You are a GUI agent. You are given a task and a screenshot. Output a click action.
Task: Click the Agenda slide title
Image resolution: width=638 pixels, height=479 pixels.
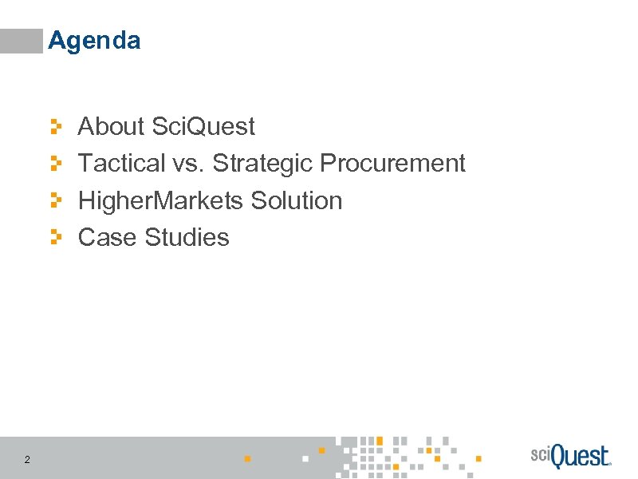click(x=94, y=41)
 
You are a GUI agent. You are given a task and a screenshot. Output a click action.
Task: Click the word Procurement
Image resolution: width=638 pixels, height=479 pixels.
click(x=392, y=164)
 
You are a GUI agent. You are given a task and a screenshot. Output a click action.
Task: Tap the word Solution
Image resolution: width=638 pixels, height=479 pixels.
click(x=296, y=200)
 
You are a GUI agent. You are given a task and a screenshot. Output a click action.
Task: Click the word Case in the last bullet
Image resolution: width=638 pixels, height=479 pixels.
click(x=108, y=237)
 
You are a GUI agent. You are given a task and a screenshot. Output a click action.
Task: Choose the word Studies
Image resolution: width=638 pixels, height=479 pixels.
click(x=187, y=237)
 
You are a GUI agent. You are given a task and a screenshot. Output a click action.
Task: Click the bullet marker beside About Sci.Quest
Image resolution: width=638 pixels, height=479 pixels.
click(x=55, y=126)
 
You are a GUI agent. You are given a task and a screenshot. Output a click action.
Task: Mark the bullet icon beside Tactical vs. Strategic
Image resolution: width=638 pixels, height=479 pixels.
click(x=55, y=164)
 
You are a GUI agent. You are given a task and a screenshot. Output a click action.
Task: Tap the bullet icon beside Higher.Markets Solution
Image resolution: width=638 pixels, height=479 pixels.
click(x=55, y=200)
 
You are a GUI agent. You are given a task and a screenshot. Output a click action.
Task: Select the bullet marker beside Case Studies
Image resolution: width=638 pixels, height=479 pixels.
click(x=55, y=237)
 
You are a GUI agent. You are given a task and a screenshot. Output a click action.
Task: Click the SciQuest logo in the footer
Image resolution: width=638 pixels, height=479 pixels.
click(x=570, y=457)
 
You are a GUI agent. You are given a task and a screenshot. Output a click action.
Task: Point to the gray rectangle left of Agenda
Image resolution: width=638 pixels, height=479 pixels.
click(x=21, y=41)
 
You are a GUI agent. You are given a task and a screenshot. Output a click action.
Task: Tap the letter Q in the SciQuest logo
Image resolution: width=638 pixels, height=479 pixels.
click(x=558, y=457)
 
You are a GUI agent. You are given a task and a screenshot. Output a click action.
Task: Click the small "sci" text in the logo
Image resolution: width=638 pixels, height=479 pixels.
click(x=541, y=453)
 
